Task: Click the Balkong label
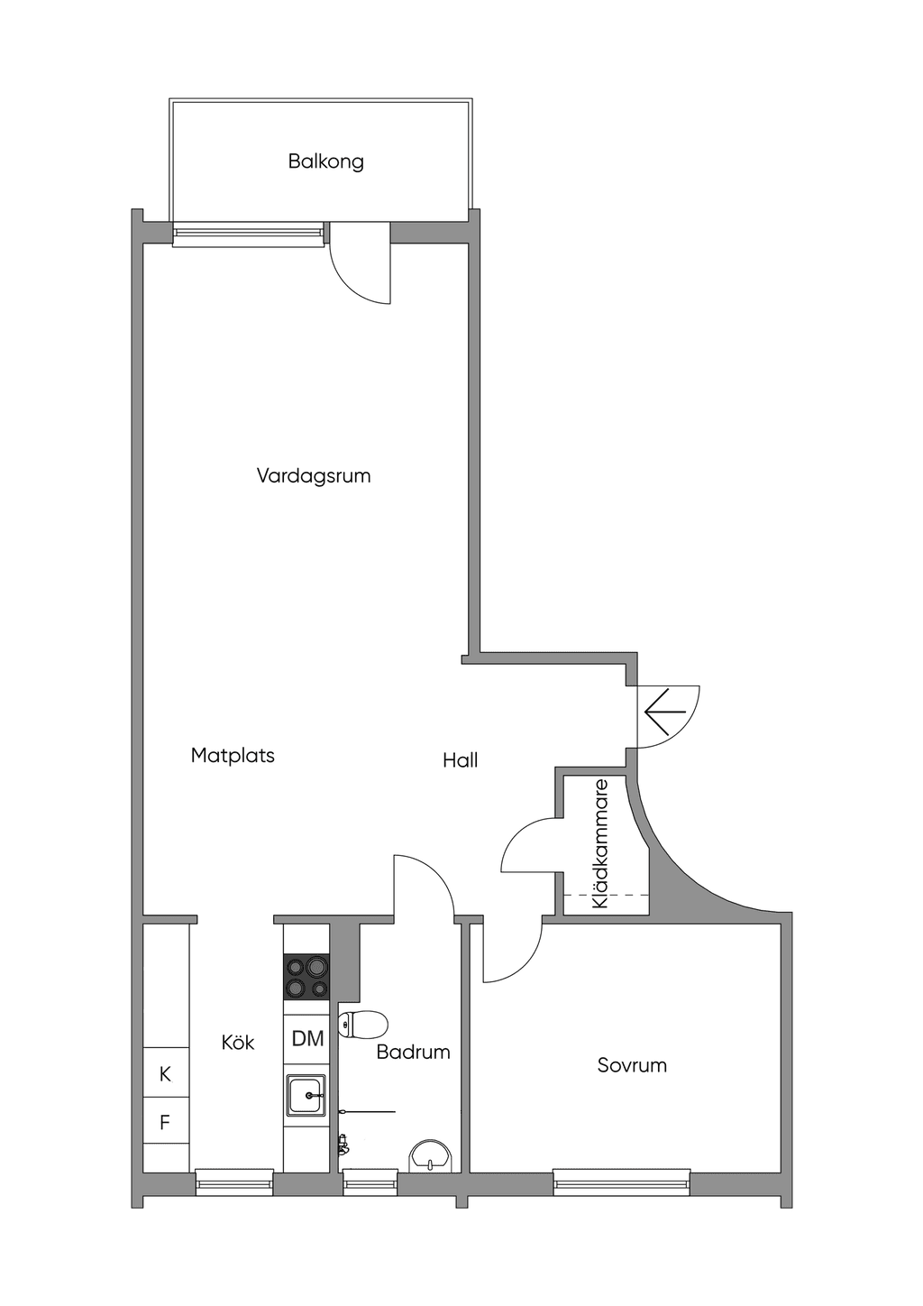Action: click(x=325, y=161)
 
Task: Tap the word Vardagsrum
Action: click(x=314, y=475)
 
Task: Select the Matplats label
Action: click(x=233, y=755)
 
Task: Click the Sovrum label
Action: click(x=632, y=1065)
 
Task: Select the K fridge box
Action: click(x=166, y=1074)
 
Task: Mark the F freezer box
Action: click(x=166, y=1122)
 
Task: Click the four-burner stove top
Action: click(x=306, y=977)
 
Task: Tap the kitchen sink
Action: click(x=306, y=1096)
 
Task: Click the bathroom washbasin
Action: click(x=430, y=1156)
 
